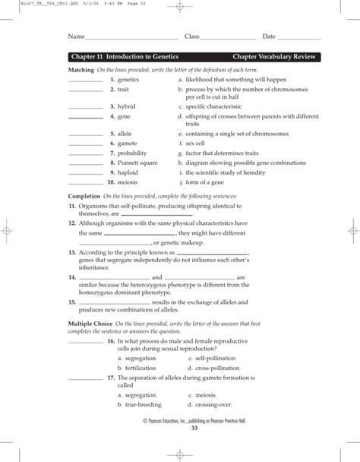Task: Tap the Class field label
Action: pyautogui.click(x=191, y=36)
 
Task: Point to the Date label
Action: pyautogui.click(x=269, y=36)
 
